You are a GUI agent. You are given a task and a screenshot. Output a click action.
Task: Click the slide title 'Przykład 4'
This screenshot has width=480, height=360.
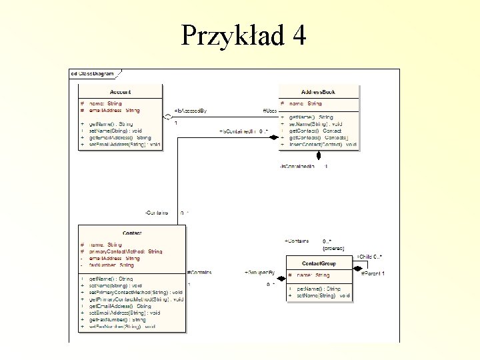point(243,35)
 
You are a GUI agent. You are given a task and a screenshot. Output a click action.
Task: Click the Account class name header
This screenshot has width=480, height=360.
point(120,92)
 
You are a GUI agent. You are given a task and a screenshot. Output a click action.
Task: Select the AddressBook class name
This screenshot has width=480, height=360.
point(318,92)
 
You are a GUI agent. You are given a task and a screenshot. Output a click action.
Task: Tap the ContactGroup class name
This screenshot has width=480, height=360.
point(319,263)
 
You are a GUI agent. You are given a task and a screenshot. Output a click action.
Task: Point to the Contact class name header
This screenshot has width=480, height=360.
point(132,233)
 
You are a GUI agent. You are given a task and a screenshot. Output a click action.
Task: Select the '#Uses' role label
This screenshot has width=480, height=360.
point(269,111)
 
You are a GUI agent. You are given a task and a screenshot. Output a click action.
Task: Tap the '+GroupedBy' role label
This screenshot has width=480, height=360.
point(260,273)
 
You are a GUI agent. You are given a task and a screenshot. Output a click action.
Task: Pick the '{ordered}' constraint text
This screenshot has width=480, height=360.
point(333,248)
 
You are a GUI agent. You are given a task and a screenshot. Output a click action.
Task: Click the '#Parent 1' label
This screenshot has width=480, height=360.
point(373,273)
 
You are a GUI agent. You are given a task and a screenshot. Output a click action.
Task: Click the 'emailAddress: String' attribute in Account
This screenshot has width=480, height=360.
point(114,111)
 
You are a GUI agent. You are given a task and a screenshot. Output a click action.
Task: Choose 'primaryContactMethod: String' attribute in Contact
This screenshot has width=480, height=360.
point(125,252)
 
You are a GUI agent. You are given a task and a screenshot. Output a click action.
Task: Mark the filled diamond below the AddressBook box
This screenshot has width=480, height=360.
point(319,157)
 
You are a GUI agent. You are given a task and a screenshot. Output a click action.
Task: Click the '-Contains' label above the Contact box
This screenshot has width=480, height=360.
point(157,213)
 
